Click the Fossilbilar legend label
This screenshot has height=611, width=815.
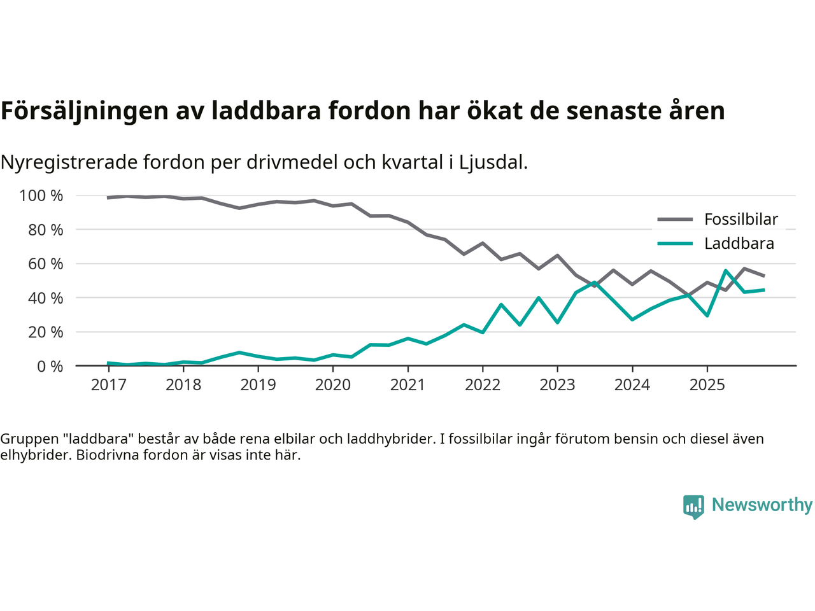click(741, 220)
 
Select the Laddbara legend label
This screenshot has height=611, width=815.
click(739, 244)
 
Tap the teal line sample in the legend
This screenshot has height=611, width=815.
click(674, 243)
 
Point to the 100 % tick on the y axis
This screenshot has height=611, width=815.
click(41, 196)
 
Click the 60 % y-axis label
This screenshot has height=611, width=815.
click(45, 264)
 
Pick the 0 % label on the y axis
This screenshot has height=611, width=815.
click(50, 367)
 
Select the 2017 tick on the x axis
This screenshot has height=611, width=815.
click(108, 385)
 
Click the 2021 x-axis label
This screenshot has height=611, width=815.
click(407, 385)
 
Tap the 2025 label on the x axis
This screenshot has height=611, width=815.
click(707, 385)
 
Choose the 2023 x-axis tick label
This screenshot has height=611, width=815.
click(557, 385)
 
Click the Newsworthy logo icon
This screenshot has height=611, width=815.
click(693, 507)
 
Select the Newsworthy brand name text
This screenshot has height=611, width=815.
click(762, 505)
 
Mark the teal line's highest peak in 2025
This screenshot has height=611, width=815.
click(726, 270)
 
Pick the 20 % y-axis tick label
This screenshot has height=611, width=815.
click(45, 332)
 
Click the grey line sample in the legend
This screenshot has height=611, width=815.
click(674, 220)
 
